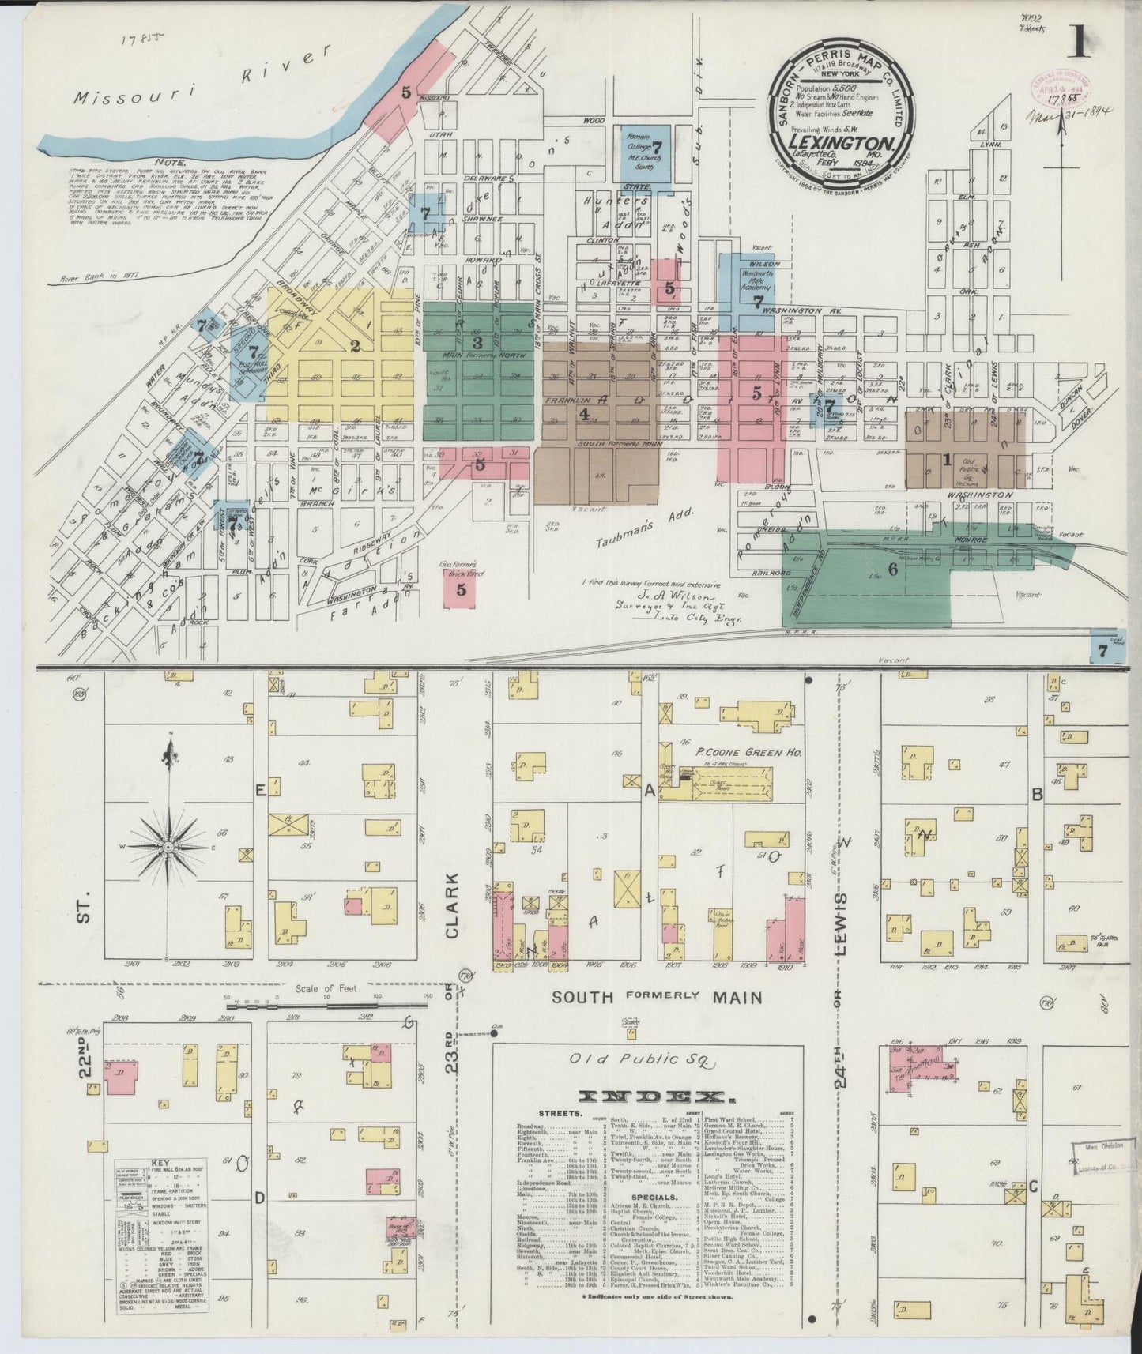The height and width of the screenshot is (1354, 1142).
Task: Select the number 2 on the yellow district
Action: [x=356, y=345]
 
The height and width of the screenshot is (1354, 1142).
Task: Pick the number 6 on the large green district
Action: [x=893, y=570]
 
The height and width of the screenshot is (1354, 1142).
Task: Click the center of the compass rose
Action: [x=168, y=847]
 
